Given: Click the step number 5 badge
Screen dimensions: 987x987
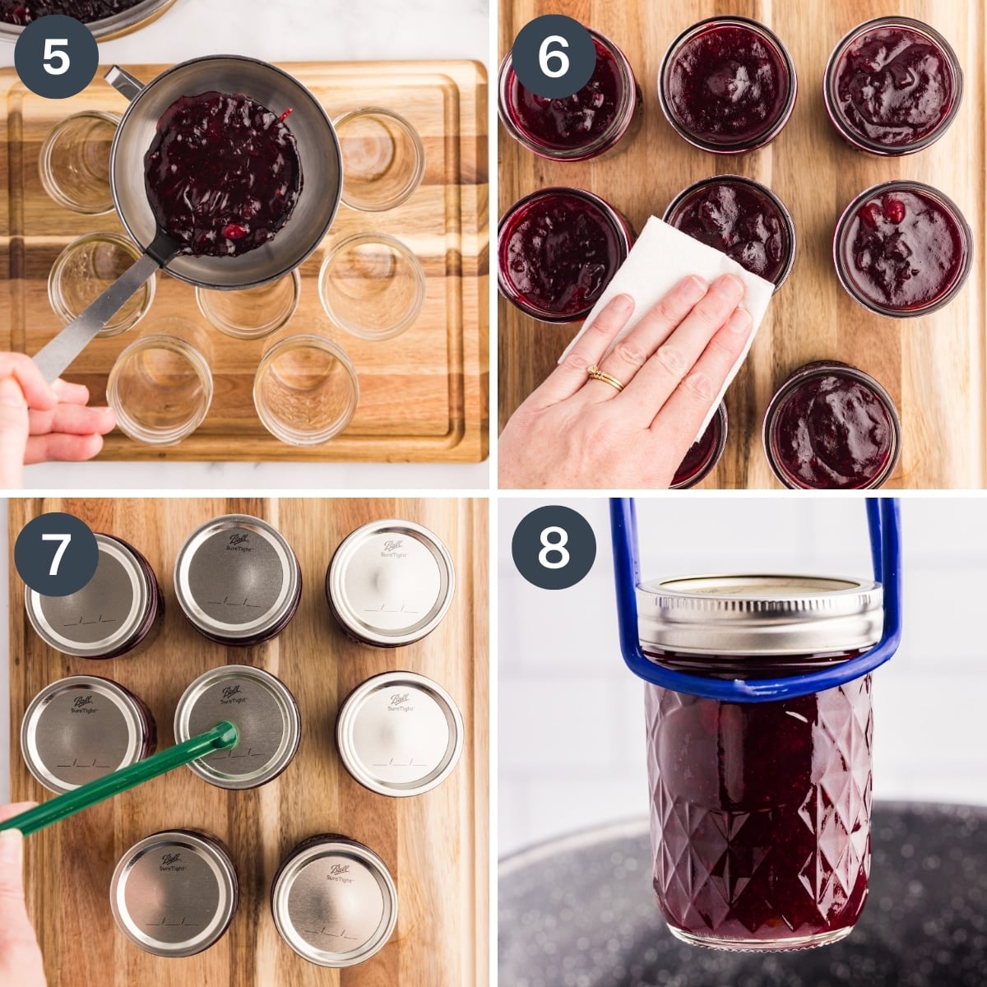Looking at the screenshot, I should [x=56, y=58].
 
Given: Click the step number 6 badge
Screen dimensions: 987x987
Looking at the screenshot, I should [x=554, y=58].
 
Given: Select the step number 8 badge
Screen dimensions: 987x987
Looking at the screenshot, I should [x=554, y=546].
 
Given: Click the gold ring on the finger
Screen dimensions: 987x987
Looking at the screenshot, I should [x=605, y=379].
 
